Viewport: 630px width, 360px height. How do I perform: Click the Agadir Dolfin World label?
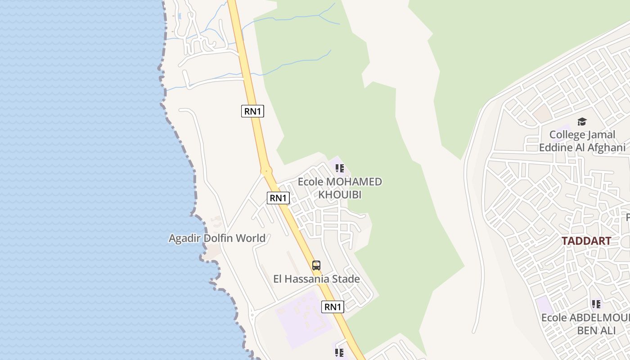(x=217, y=238)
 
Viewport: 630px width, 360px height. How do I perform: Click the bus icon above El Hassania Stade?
(x=316, y=265)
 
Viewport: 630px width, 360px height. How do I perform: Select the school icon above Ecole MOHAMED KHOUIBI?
(x=340, y=169)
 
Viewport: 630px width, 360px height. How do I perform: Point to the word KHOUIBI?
(x=340, y=195)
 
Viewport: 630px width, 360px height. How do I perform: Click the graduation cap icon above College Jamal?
(x=582, y=121)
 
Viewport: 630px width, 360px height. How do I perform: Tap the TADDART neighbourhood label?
(x=586, y=241)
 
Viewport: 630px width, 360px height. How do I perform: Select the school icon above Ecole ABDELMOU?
(x=596, y=305)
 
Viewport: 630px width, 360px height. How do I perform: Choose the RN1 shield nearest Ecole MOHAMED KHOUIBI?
(x=278, y=198)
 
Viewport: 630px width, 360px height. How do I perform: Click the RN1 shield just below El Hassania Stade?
(x=333, y=307)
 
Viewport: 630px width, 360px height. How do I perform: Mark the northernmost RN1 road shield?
(x=252, y=111)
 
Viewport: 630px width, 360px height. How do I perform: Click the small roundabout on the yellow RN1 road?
(x=266, y=171)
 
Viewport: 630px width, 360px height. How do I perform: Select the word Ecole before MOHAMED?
(x=310, y=182)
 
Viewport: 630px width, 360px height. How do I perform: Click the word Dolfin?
(x=219, y=238)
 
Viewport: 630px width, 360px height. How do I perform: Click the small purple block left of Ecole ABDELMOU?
(x=545, y=306)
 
